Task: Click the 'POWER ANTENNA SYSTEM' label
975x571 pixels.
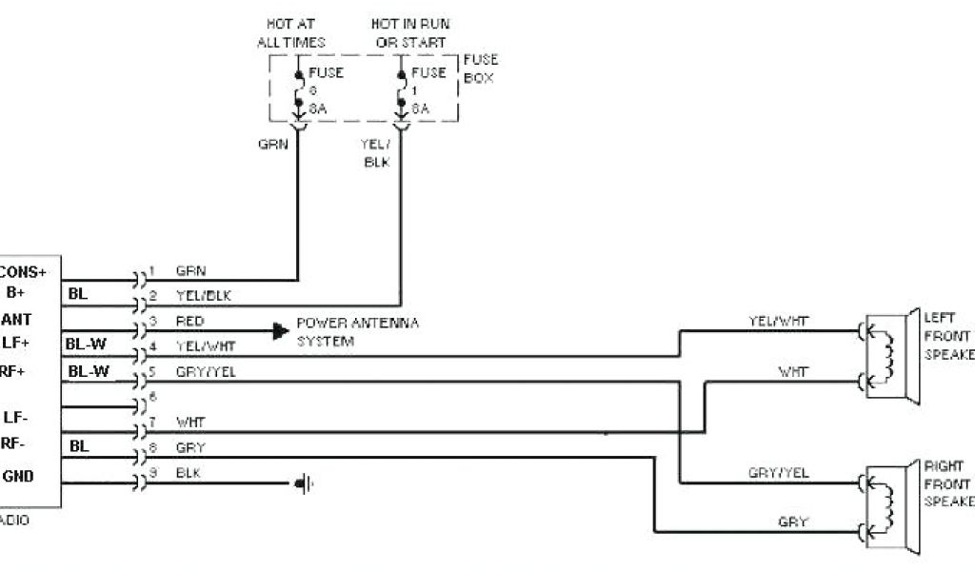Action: (x=357, y=331)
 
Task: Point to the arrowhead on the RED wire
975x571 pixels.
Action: (x=279, y=331)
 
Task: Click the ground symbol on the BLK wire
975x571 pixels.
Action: (x=304, y=484)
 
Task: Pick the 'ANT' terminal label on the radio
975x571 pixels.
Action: (x=21, y=320)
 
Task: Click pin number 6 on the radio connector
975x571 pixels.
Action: (x=151, y=395)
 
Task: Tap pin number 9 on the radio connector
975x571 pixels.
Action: (x=151, y=473)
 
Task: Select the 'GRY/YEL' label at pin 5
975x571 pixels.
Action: (x=205, y=372)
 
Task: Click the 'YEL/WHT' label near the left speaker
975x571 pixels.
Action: (x=778, y=321)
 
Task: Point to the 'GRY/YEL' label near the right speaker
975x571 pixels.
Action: (x=778, y=473)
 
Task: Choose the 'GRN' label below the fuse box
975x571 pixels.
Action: (x=272, y=145)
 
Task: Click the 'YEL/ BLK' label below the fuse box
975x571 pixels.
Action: (x=376, y=152)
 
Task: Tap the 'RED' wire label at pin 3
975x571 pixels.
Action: (x=189, y=322)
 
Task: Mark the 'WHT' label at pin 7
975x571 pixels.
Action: (x=189, y=422)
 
